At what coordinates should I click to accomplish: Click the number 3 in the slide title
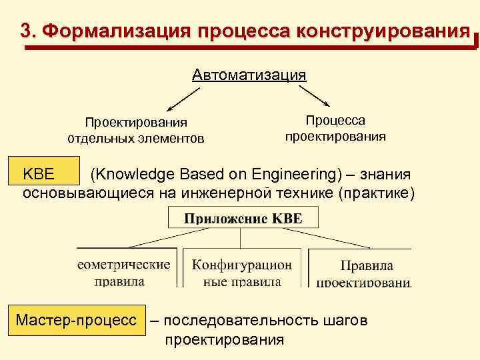[26, 31]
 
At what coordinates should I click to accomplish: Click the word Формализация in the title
[115, 31]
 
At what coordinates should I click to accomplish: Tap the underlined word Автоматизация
[249, 74]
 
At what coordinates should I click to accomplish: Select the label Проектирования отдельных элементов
[136, 130]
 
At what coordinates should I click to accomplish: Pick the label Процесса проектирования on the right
[335, 128]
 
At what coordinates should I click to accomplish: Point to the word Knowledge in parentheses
[137, 175]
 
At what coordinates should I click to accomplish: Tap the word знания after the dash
[385, 175]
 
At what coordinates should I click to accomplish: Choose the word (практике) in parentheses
[377, 193]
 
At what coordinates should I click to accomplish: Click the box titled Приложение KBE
[243, 218]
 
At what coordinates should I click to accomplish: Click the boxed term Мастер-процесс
[80, 321]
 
